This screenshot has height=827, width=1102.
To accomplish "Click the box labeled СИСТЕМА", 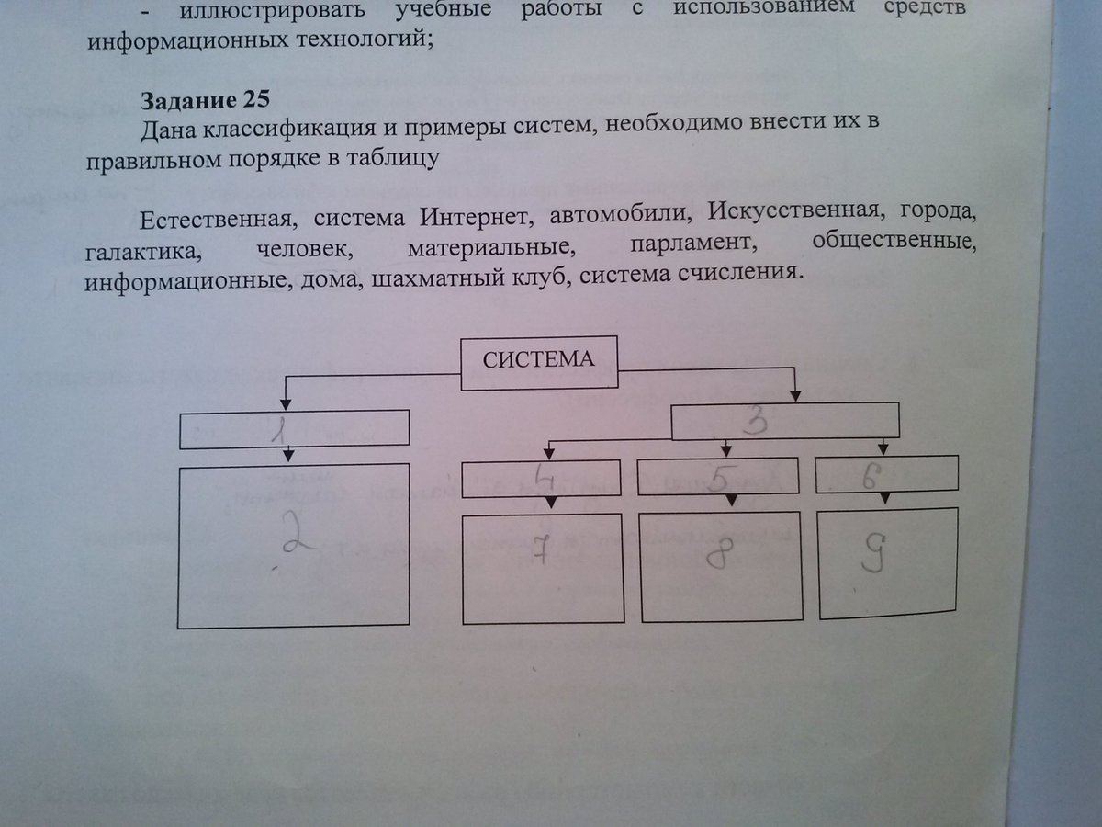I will click(x=538, y=362).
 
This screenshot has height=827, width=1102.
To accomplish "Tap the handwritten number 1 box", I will click(x=293, y=429).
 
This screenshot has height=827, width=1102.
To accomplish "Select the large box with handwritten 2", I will click(x=293, y=546).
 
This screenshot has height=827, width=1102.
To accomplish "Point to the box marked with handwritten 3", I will click(x=785, y=421).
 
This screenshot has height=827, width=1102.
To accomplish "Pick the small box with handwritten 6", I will click(x=886, y=473).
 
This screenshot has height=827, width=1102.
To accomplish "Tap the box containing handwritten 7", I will click(x=542, y=567).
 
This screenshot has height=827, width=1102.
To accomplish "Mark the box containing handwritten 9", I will click(x=888, y=561).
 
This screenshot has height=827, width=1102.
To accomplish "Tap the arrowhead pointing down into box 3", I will click(x=796, y=394).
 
